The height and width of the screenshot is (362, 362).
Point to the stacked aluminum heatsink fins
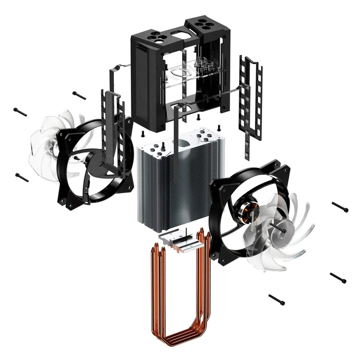point(177,189)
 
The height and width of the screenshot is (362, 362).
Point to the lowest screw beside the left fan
point(22,177)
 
